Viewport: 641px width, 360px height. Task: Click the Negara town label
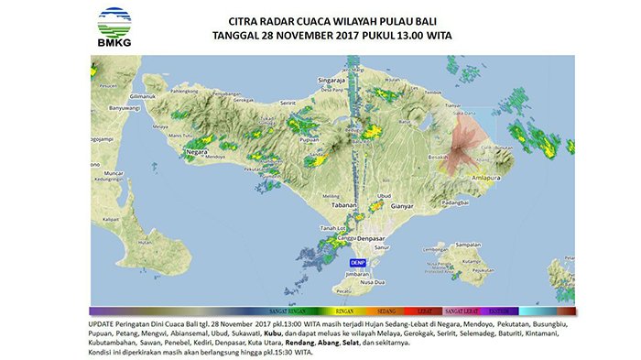pos(196,150)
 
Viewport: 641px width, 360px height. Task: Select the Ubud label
pos(384,195)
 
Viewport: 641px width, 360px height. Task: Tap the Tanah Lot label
pos(331,227)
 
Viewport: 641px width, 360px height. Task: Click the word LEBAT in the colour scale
pos(423,312)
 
